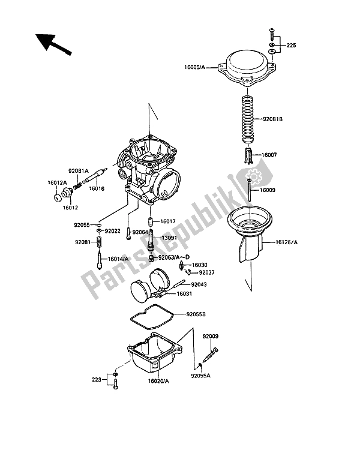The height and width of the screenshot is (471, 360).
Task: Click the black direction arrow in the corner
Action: (53, 44)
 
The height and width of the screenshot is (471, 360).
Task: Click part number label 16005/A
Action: (194, 68)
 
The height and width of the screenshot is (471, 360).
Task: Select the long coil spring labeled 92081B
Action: (248, 119)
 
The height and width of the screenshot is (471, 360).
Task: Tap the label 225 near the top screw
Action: (291, 46)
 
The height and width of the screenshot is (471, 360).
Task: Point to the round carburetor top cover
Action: (247, 68)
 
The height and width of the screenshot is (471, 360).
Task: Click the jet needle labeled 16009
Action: (249, 190)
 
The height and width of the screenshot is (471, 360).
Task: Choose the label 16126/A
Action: (286, 242)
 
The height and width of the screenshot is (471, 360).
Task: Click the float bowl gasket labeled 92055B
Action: (152, 318)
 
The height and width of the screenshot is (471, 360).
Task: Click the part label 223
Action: (96, 380)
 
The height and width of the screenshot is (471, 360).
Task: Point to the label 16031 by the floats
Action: (184, 294)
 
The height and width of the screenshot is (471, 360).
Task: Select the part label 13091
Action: (169, 238)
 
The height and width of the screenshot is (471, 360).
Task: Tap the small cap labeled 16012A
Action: (56, 197)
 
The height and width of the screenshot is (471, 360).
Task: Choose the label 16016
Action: (97, 188)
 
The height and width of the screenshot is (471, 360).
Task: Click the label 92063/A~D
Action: (174, 257)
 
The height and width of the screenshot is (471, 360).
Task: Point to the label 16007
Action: (269, 155)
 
